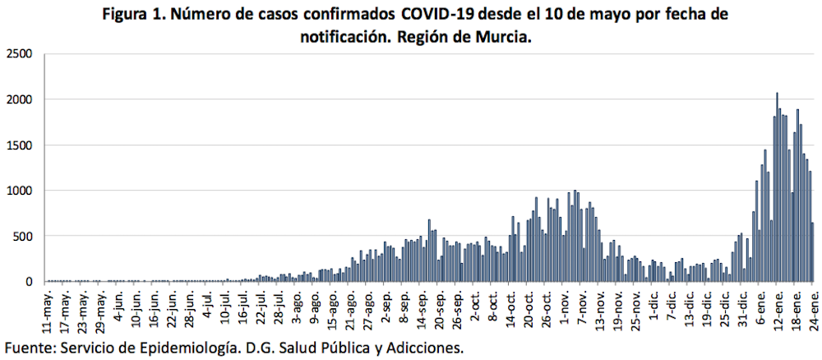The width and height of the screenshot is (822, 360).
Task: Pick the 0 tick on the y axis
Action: click(28, 282)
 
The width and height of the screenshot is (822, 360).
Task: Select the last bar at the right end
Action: click(813, 252)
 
